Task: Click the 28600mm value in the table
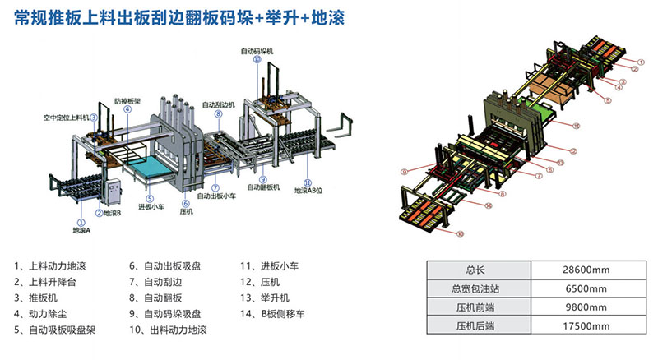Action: tap(589, 270)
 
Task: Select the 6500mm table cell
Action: tap(589, 288)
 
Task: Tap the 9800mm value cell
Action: tap(589, 307)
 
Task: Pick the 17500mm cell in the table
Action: tap(589, 326)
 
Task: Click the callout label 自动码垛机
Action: tap(257, 51)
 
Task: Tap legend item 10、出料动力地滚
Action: tap(167, 330)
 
